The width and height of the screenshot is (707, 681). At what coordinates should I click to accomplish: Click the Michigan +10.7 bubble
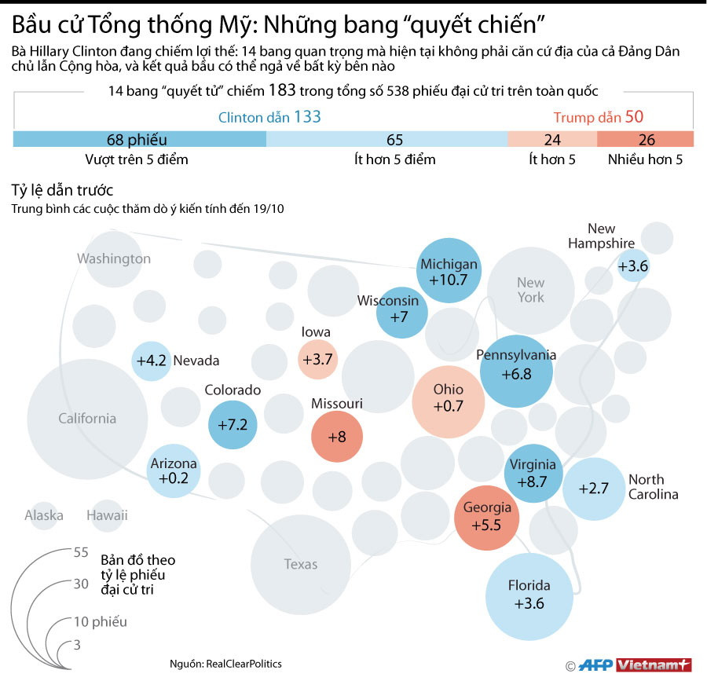449,272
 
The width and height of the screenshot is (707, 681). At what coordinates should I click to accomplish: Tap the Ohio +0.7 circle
449,398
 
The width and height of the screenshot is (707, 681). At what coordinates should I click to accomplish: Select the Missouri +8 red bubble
337,435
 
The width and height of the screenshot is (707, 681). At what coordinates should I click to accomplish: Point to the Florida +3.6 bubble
529,595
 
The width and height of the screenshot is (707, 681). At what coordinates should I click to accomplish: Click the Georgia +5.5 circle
487,515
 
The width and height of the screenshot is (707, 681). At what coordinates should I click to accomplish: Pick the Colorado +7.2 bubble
233,424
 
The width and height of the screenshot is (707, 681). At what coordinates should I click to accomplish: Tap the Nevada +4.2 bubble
152,361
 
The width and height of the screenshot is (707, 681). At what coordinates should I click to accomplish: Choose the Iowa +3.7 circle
317,359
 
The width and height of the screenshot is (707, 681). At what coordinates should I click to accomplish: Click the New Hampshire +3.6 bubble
632,265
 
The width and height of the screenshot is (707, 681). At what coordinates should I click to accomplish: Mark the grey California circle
87,418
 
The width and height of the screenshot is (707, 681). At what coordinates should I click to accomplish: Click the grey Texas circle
301,564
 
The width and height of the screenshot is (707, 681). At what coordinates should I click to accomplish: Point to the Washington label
114,258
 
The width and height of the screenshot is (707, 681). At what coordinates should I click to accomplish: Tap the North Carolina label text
652,487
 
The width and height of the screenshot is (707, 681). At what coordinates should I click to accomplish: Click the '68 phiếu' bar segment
140,140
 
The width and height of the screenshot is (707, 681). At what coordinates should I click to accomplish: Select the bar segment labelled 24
551,140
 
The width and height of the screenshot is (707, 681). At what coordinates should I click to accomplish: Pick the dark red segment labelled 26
646,140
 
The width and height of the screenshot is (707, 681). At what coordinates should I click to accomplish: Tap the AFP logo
596,665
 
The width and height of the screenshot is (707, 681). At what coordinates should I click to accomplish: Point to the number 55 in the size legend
80,552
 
